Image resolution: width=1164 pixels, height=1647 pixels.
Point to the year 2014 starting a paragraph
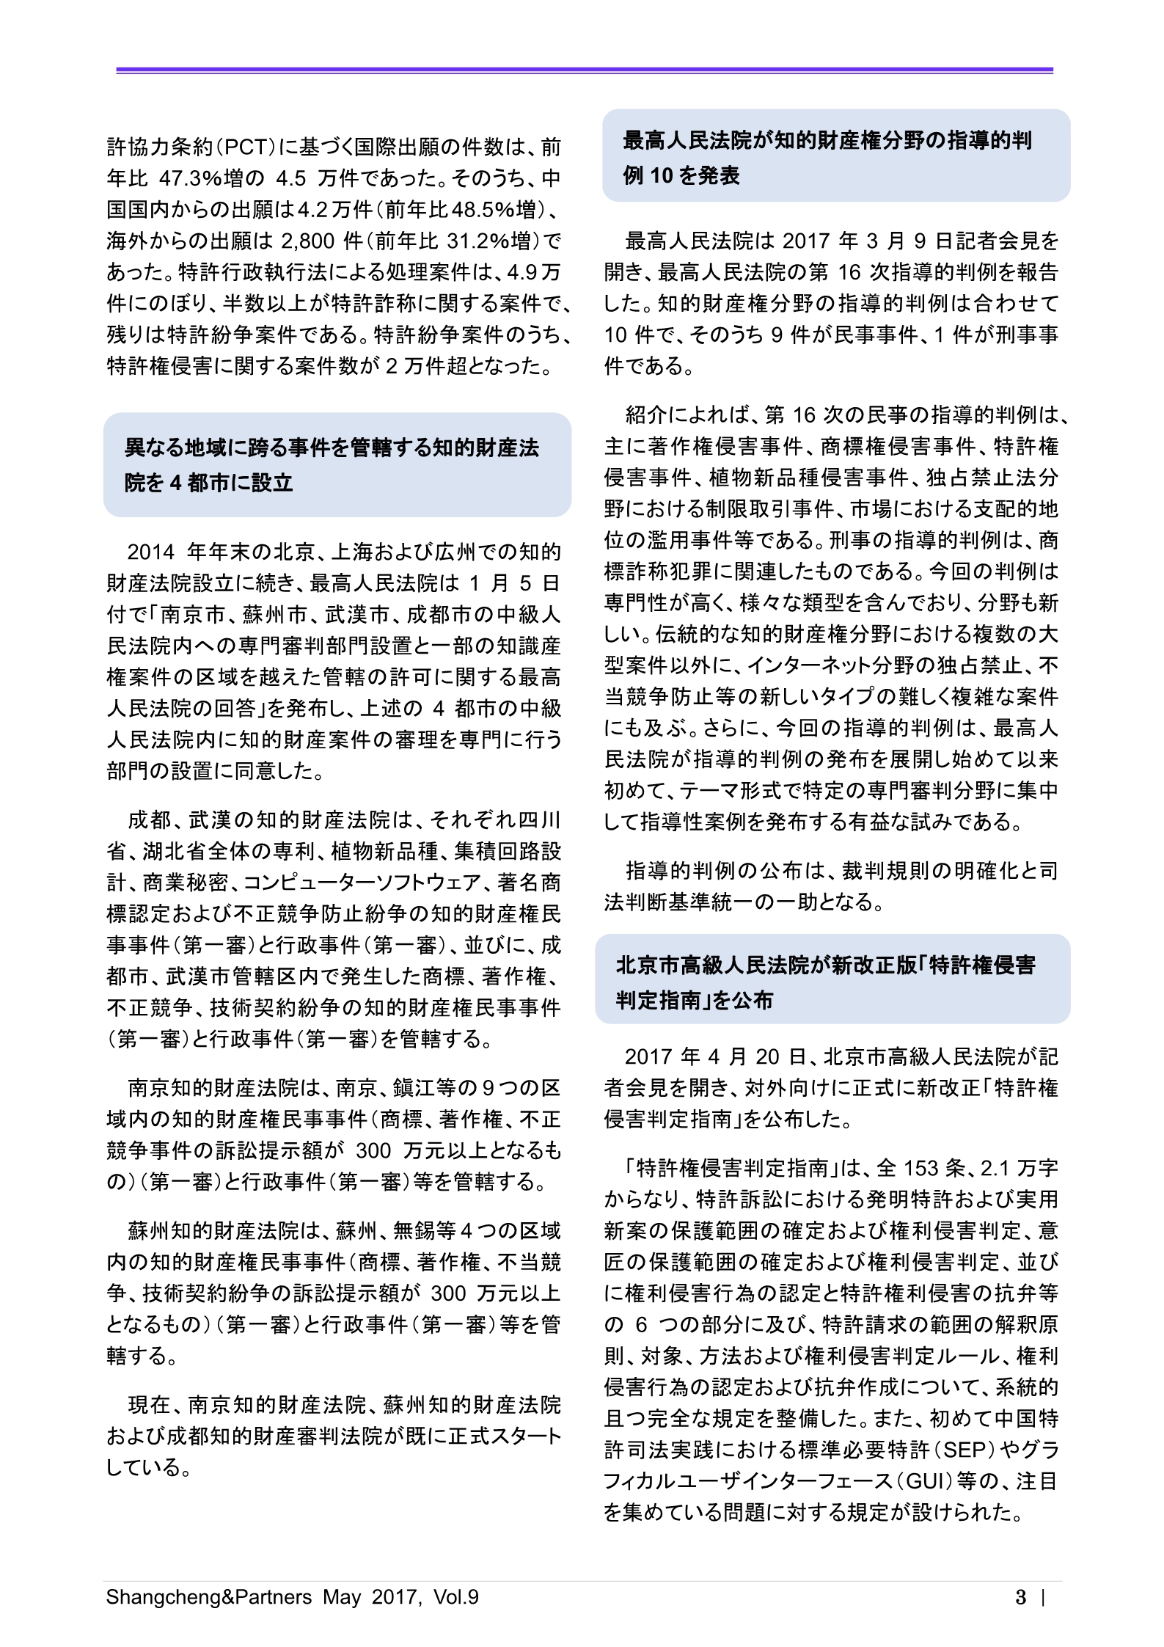tap(151, 552)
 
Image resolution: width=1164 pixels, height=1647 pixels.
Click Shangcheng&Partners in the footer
tap(209, 1597)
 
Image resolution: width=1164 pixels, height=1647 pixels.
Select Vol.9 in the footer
tap(455, 1597)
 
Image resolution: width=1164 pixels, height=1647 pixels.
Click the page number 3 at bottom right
tap(1020, 1597)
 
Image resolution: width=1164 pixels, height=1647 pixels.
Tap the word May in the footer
tap(342, 1597)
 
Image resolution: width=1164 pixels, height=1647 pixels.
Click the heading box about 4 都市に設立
tap(337, 465)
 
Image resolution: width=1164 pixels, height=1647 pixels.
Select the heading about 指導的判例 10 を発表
tap(835, 156)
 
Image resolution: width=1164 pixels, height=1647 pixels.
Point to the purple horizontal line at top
tap(584, 70)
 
